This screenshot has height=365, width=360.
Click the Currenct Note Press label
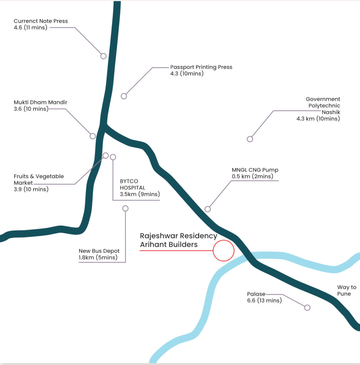tap(41, 24)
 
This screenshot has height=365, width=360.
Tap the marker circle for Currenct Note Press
tap(103, 56)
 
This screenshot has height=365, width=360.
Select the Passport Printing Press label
tap(201, 70)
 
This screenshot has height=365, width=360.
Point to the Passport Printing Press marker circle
tap(124, 96)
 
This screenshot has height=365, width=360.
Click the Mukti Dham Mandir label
tap(40, 106)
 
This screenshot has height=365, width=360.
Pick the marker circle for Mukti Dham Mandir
tap(93, 136)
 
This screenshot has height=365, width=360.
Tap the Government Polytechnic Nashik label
tap(318, 109)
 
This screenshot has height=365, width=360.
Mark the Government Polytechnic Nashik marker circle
tap(250, 139)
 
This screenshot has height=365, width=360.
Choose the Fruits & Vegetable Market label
tap(39, 183)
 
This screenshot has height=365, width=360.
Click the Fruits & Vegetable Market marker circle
tap(106, 156)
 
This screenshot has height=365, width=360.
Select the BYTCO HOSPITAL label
tap(140, 188)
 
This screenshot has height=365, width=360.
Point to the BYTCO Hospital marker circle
tap(113, 157)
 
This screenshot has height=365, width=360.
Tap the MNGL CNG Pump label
tap(255, 173)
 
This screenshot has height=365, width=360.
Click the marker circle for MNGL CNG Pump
tap(208, 209)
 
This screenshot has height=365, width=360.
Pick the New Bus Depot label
tap(99, 254)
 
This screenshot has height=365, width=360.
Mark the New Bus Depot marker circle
tap(125, 208)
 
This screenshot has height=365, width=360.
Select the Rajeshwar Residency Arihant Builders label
tap(179, 240)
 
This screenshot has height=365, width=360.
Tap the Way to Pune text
tap(346, 290)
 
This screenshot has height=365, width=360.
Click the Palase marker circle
tap(307, 308)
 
